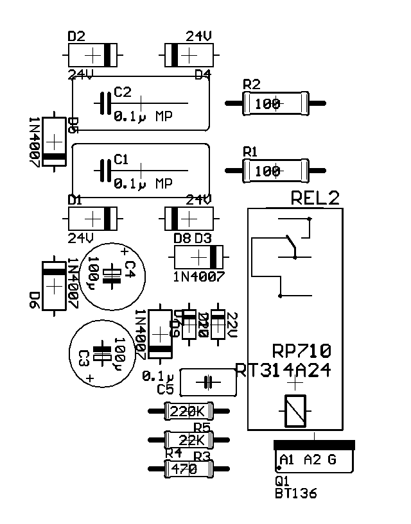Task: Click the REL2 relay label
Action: [315, 198]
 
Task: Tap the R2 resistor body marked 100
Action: [273, 103]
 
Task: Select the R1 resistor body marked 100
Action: [273, 171]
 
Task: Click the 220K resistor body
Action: [188, 411]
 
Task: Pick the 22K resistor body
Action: [188, 440]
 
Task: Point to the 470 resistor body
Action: [188, 469]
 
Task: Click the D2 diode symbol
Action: [94, 55]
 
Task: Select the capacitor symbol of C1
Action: [105, 171]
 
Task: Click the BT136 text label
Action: [295, 494]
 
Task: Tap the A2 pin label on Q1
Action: [311, 459]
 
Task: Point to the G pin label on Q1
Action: [332, 459]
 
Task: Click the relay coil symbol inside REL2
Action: [295, 410]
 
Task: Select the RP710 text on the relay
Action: [302, 351]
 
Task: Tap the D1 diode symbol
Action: [94, 219]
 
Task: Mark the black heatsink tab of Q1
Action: [314, 444]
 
